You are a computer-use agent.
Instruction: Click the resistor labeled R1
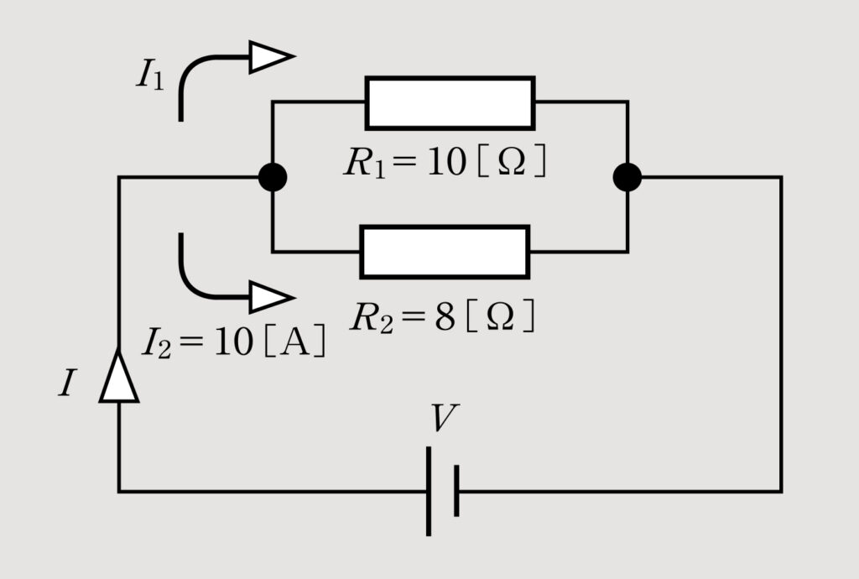coord(450,103)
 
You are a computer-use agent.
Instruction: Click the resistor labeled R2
coord(445,252)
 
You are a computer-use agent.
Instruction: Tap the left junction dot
coord(273,177)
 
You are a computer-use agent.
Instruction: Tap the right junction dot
coord(627,177)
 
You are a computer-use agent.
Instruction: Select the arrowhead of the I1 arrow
coord(270,57)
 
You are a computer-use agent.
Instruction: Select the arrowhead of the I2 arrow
coord(270,298)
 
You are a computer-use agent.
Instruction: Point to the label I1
coord(150,76)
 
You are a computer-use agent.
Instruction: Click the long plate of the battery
coord(429,491)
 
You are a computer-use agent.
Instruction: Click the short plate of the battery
coord(456,491)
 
